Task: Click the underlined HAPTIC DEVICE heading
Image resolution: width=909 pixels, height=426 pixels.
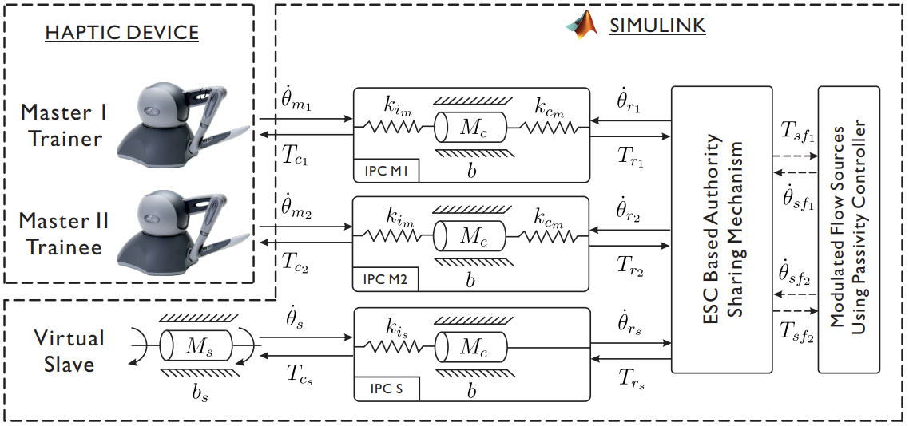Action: pos(122,33)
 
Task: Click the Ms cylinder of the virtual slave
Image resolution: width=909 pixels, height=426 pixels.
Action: pos(196,346)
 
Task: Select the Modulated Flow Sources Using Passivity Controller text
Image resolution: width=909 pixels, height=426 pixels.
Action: pos(848,229)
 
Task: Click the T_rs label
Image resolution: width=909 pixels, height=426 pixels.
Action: pos(630,382)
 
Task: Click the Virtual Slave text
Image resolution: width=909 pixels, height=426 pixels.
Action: pos(69,351)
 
